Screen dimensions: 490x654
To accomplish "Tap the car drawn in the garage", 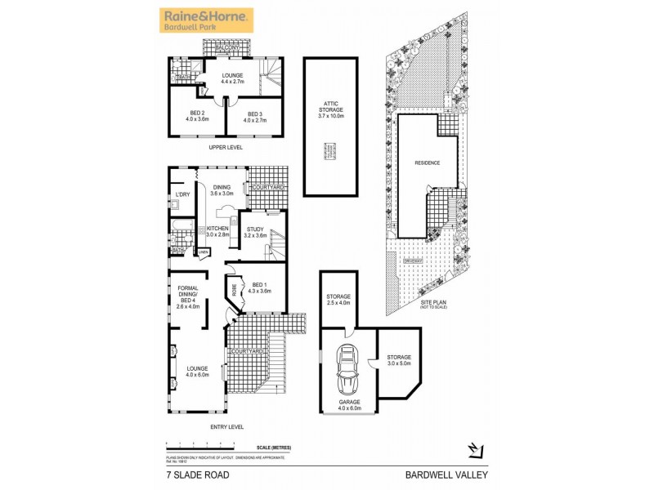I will pos(347,369).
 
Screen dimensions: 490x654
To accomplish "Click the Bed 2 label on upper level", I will pos(197,117).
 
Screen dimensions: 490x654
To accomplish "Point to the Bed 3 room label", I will pos(254,117).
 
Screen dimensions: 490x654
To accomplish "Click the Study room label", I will pos(256,233).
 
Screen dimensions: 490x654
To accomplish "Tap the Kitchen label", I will pos(217,231).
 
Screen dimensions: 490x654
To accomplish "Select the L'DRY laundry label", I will pos(182,194).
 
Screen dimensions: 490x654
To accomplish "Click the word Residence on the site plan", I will pos(427,163).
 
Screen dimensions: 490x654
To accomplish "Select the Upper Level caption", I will pos(226,148).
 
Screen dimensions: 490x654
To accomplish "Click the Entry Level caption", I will pos(226,427).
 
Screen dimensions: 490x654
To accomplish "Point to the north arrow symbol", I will pos(474,448).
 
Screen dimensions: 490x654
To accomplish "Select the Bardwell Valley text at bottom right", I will pos(447,474).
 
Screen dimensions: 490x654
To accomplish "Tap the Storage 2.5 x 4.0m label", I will pos(338,299).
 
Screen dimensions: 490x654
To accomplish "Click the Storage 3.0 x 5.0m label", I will pos(399,360).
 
